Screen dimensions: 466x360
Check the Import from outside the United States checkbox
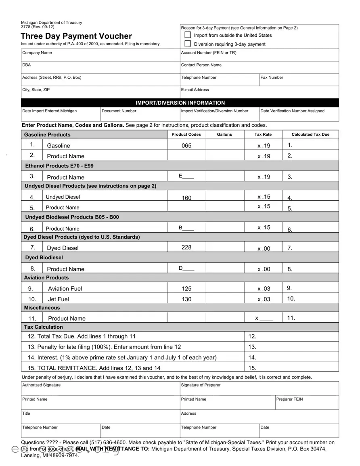point(188,35)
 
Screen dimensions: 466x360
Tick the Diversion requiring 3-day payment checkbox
point(188,44)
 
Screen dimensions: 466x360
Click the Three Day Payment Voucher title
point(76,36)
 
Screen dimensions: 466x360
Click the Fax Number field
point(299,80)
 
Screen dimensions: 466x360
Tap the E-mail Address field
point(259,92)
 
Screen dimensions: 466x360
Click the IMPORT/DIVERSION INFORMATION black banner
point(180,103)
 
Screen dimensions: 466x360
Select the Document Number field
point(140,115)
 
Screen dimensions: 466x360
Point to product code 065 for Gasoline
point(186,145)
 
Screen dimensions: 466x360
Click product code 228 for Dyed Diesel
point(186,247)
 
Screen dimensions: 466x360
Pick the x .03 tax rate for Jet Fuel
point(264,299)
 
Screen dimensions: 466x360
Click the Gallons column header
point(224,134)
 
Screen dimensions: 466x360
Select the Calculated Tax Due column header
point(310,134)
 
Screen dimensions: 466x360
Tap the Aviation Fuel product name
point(65,289)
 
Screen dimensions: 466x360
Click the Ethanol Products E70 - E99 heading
point(60,166)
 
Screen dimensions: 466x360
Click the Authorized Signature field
point(100,389)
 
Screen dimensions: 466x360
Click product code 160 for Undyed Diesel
point(186,198)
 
